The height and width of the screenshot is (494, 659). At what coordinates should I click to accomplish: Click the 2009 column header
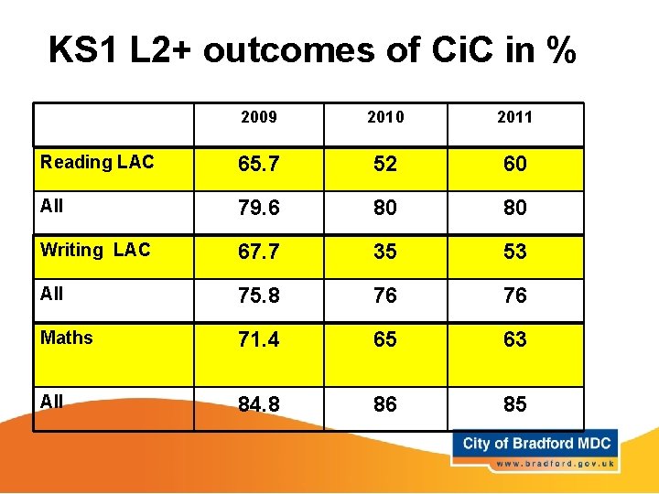[258, 117]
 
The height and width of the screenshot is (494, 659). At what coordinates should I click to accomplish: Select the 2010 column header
[385, 117]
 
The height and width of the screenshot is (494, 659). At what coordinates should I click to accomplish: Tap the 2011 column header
[514, 117]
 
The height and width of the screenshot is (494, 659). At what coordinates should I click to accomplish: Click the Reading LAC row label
[97, 163]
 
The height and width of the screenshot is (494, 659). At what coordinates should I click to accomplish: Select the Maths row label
[67, 338]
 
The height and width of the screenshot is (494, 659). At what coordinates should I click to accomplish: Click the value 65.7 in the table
[258, 165]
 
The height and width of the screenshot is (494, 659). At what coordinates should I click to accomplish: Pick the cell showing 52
[385, 165]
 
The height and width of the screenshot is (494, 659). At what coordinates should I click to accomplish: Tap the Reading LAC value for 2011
[515, 165]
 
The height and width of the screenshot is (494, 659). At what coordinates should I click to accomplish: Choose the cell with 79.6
[258, 209]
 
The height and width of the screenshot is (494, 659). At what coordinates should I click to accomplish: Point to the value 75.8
[258, 296]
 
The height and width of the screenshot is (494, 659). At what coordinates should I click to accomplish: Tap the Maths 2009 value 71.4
[258, 340]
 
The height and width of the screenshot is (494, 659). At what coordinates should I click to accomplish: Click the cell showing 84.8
[258, 404]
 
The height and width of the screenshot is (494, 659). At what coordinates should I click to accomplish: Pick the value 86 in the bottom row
[385, 404]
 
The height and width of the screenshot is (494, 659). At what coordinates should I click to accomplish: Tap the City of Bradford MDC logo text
[536, 444]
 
